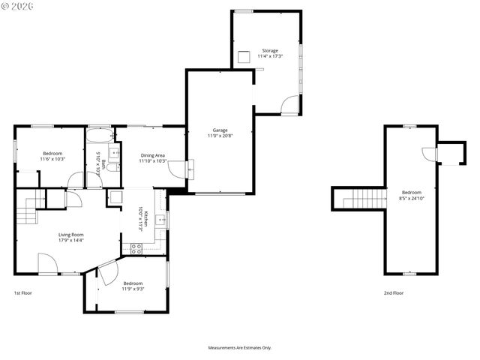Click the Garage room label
(220, 130)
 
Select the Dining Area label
(152, 155)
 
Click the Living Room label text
(71, 235)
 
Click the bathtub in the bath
(99, 136)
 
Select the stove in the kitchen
(136, 248)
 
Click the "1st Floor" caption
(23, 293)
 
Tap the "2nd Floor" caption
(394, 293)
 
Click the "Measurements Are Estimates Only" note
(240, 348)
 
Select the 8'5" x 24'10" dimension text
(411, 199)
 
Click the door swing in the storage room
(289, 105)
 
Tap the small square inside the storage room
(244, 57)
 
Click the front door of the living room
(47, 264)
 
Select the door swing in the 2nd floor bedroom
(430, 154)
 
